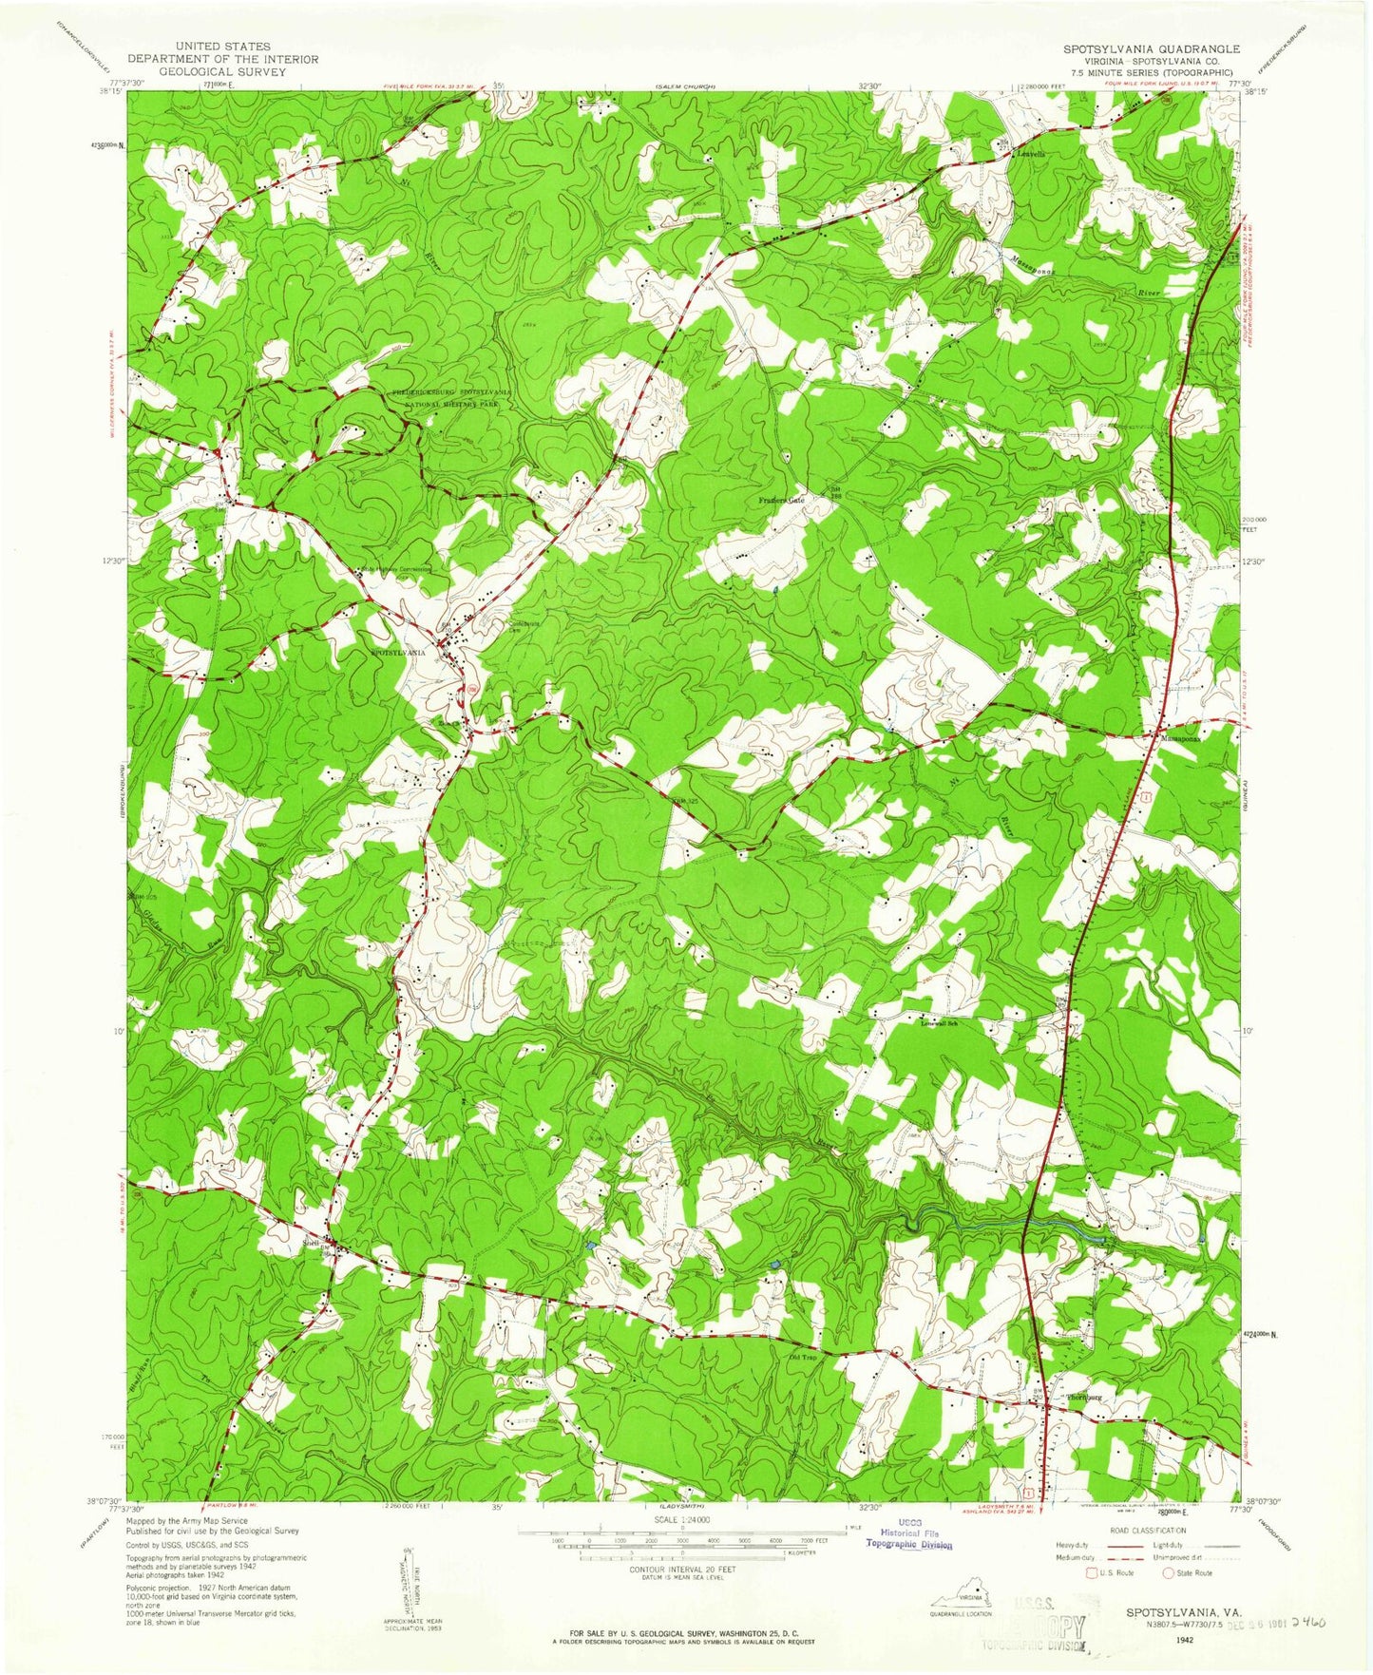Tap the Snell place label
[x=311, y=1242]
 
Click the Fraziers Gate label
[x=781, y=500]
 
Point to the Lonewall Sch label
[x=942, y=1023]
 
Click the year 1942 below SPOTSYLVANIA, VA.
[x=1183, y=1640]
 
